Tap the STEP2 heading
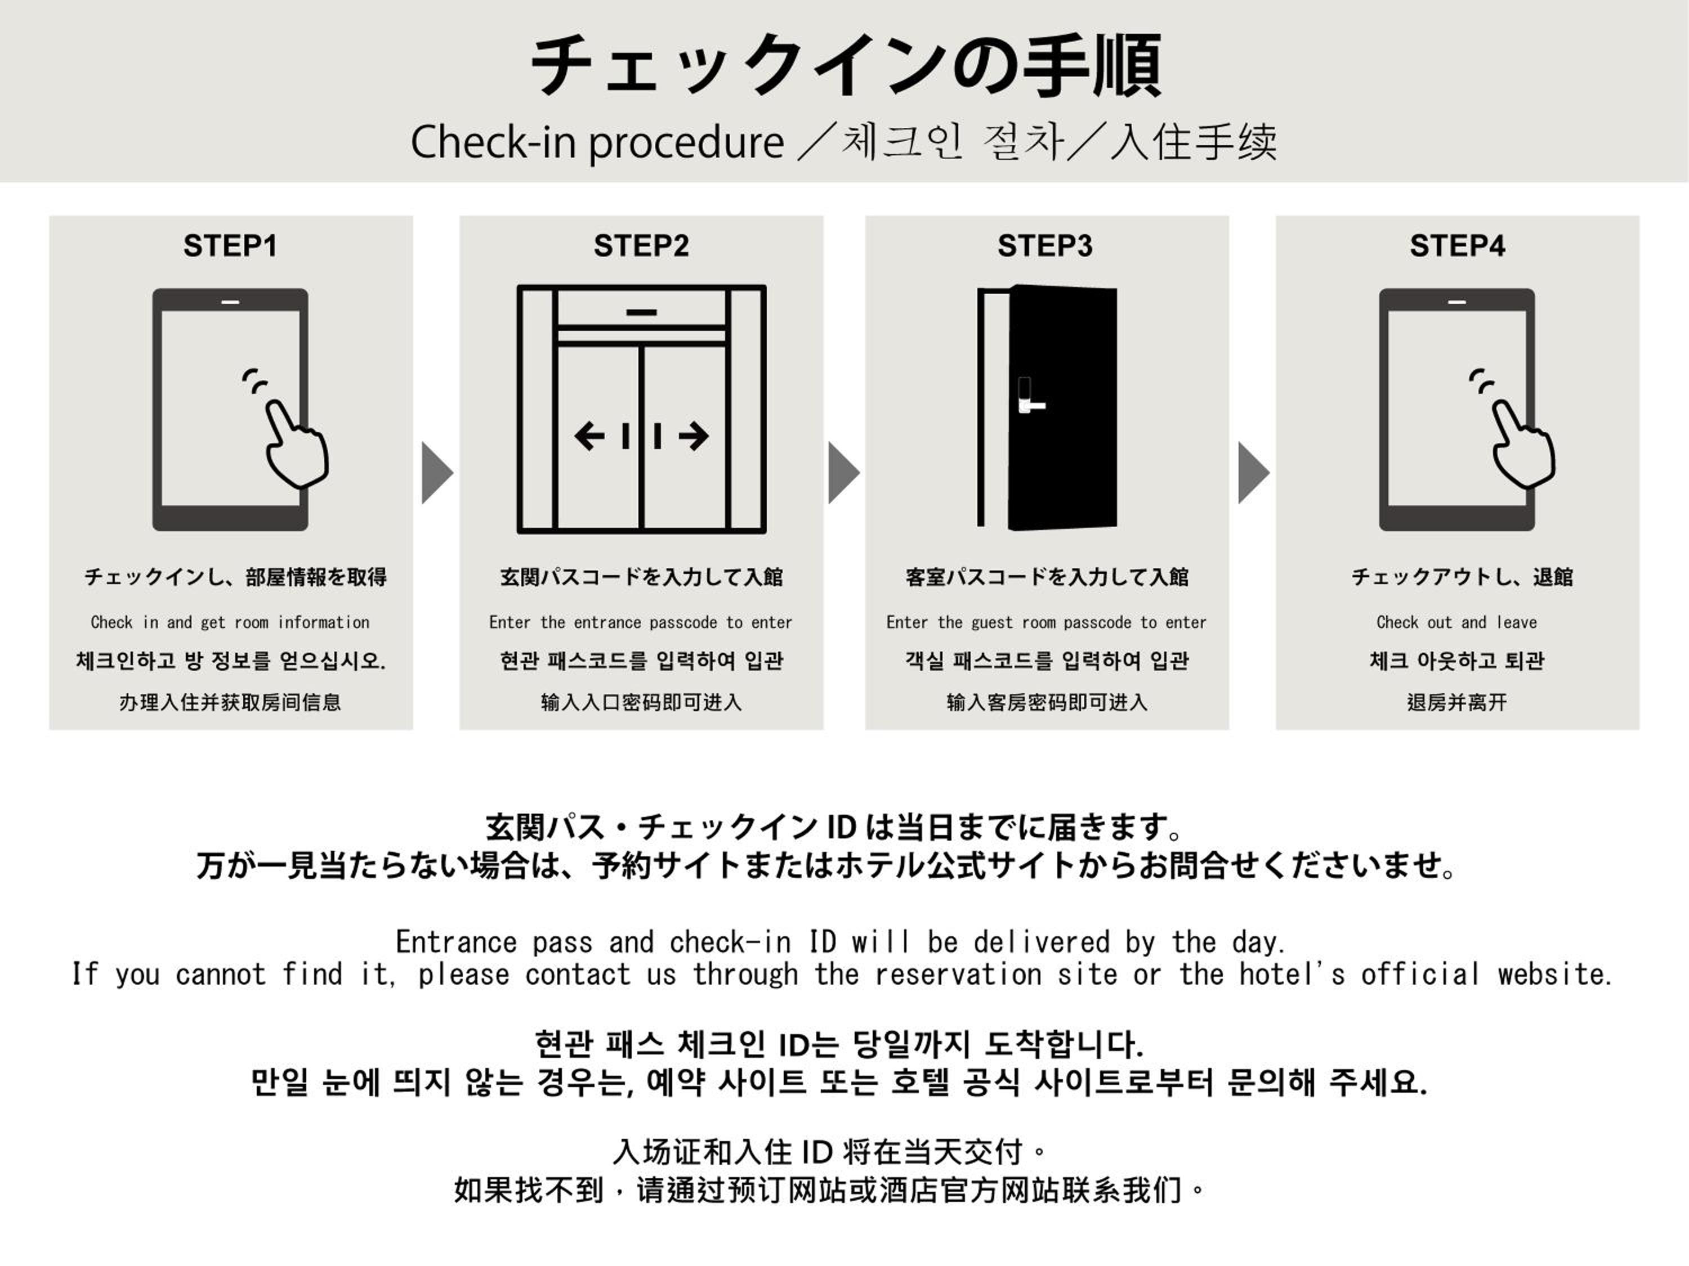pyautogui.click(x=641, y=246)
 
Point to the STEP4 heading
pyautogui.click(x=1457, y=246)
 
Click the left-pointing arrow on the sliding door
pyautogui.click(x=589, y=437)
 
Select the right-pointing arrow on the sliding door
pyautogui.click(x=692, y=437)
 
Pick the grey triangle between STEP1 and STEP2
pyautogui.click(x=437, y=473)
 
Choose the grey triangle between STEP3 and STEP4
pyautogui.click(x=1253, y=473)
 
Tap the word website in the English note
pyautogui.click(x=1554, y=974)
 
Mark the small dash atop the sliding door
pyautogui.click(x=641, y=312)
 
